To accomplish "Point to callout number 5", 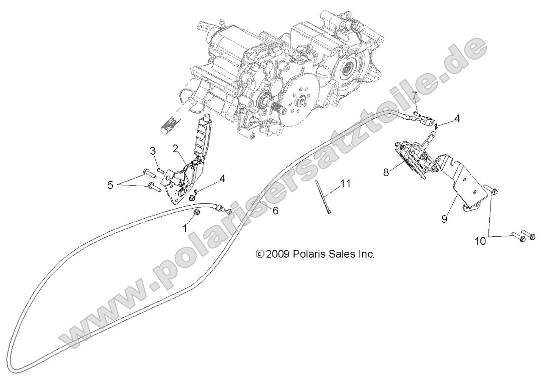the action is (110, 185).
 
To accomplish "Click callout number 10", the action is (480, 241).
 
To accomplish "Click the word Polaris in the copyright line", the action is (312, 254).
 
